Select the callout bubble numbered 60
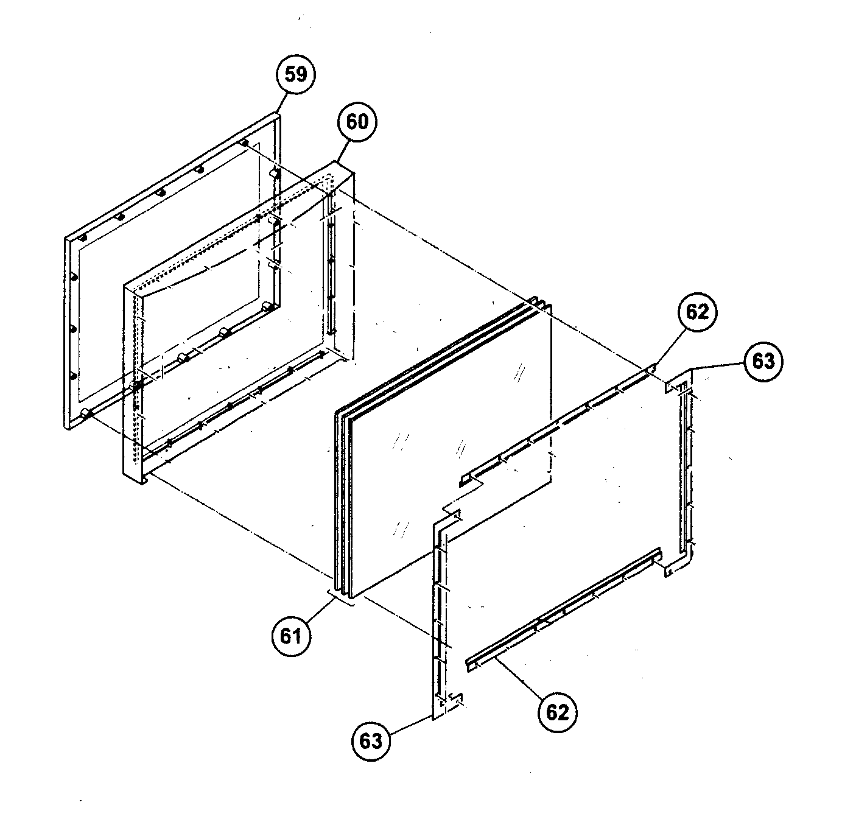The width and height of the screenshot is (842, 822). coord(357,122)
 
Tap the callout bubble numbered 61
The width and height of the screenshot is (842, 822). coord(290,636)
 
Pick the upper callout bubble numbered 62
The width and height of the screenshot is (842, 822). coord(698,312)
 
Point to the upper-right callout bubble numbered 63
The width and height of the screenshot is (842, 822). coord(763,361)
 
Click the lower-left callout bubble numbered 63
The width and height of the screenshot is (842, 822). coord(371,740)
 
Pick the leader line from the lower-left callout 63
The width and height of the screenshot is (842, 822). coord(411,728)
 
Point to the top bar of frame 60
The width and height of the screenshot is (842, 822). coord(237,225)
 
